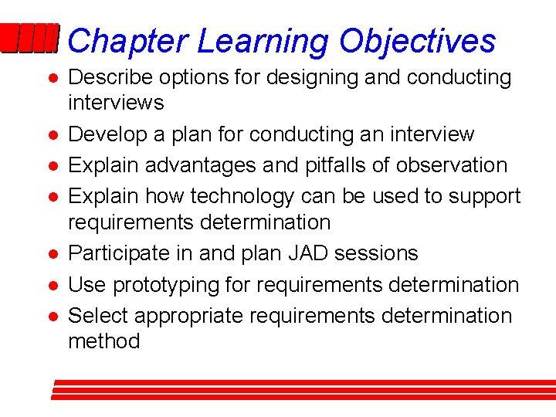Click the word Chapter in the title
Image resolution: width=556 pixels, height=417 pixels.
[x=127, y=41]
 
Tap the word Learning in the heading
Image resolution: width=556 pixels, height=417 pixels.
[x=263, y=41]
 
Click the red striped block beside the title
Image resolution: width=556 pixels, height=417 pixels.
[x=29, y=39]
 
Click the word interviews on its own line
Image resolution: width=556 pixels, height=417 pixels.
[x=116, y=103]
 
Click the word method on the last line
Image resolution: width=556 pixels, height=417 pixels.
[x=104, y=341]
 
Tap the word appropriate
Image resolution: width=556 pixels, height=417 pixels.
[x=195, y=316]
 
